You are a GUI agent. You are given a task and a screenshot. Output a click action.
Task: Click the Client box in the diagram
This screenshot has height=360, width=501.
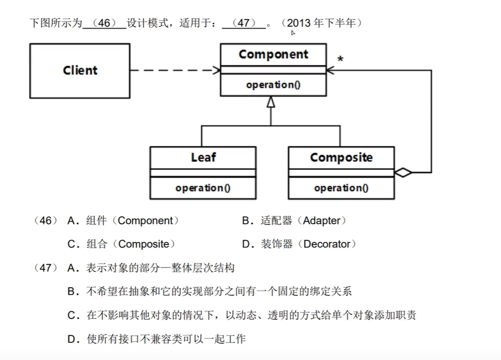tap(80, 70)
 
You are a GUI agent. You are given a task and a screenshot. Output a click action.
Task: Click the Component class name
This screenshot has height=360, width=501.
tap(273, 54)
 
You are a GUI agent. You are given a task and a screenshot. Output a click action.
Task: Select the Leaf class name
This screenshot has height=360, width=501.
tap(203, 157)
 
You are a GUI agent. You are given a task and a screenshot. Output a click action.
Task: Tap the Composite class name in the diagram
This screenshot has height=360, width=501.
tap(341, 157)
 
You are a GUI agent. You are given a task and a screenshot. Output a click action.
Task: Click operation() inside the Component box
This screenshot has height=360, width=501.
tap(273, 85)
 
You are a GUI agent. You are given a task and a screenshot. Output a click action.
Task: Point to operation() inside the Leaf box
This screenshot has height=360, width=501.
tap(203, 188)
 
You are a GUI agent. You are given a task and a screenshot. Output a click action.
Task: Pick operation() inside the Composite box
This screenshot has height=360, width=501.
tap(341, 188)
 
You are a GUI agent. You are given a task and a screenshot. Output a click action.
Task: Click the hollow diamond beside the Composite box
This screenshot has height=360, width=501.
tap(403, 173)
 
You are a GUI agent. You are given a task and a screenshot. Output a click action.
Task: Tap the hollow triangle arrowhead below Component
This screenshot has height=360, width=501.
tap(271, 101)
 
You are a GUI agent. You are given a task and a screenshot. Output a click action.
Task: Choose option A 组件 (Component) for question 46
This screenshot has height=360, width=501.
tap(123, 220)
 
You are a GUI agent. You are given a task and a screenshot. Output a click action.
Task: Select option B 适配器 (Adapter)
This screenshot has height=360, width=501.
tap(294, 220)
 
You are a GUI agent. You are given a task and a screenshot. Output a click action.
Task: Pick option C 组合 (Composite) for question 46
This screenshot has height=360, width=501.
tap(121, 245)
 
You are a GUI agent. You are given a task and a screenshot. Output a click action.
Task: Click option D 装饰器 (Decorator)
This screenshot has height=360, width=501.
tap(299, 245)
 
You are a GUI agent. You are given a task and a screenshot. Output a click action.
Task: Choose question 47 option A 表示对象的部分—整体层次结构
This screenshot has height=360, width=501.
tap(151, 268)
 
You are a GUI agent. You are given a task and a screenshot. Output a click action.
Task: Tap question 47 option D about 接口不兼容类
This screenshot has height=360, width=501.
tap(156, 339)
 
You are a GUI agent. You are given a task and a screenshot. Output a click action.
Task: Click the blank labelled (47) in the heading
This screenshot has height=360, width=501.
tap(244, 23)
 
